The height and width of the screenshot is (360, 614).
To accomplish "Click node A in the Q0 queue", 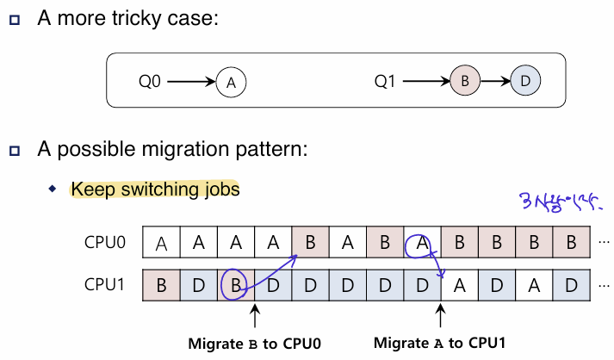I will [x=231, y=83].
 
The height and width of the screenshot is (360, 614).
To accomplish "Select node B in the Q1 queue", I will [x=464, y=83].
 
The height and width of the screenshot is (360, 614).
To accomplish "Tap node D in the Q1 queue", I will [x=524, y=83].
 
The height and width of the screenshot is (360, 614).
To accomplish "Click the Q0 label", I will [x=151, y=83].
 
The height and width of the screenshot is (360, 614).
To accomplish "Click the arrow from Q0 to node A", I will [x=190, y=83].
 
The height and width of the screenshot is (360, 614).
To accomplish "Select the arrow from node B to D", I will [x=493, y=83].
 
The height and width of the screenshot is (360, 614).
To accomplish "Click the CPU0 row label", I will [x=105, y=243].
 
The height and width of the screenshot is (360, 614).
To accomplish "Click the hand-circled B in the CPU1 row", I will [x=236, y=283].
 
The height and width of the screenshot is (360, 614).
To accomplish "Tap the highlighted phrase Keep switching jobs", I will [x=155, y=189].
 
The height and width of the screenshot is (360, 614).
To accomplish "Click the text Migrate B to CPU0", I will [x=255, y=343].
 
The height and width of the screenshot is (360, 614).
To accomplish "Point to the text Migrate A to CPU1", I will [x=439, y=343].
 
